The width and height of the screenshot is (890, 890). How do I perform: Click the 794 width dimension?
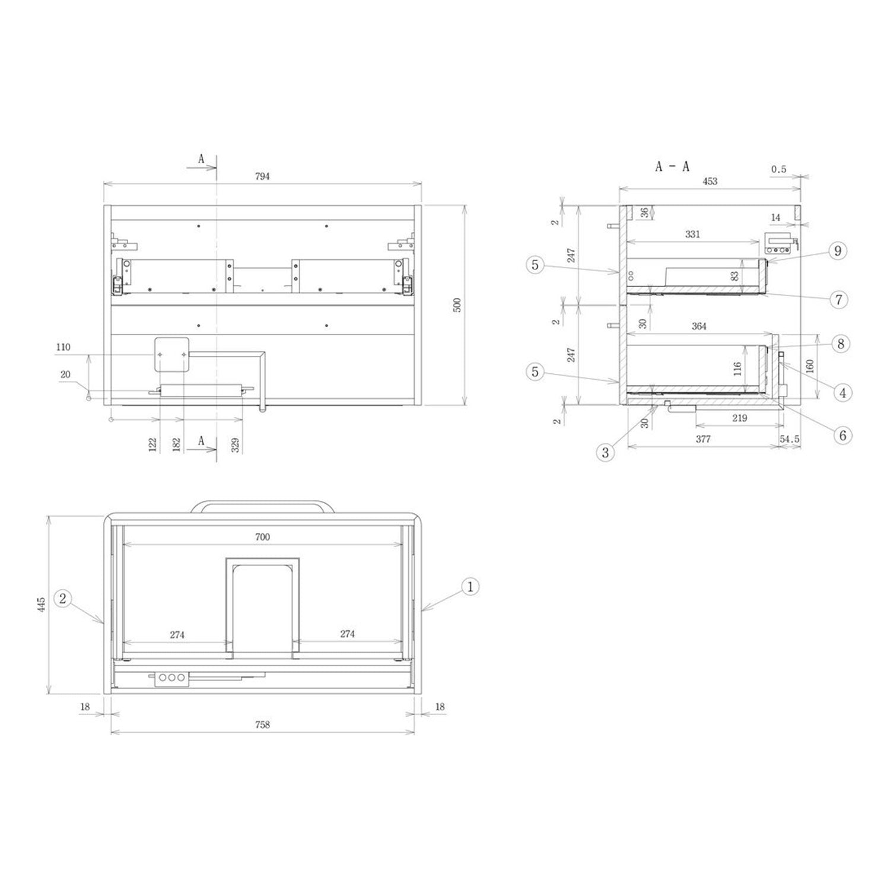[262, 176]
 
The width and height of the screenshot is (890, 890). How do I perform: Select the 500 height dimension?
[457, 305]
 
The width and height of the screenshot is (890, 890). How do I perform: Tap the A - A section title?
[672, 167]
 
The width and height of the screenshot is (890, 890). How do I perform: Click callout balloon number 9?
[838, 250]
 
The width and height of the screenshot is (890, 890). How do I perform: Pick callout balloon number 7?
[838, 300]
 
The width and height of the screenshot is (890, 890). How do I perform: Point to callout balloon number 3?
[605, 453]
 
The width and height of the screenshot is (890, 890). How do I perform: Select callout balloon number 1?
[470, 587]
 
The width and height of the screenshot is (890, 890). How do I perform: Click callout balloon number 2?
[63, 599]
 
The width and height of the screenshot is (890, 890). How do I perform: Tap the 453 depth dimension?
[710, 182]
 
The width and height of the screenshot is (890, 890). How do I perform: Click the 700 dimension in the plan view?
[262, 537]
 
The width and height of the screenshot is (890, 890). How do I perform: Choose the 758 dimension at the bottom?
[262, 724]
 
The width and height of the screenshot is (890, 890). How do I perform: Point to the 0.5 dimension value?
[778, 170]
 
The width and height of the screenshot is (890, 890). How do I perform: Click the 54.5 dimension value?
[790, 439]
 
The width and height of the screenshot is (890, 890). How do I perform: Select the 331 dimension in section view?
[692, 234]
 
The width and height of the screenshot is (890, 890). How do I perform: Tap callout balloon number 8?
[841, 344]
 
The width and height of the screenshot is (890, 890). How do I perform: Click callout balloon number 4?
[843, 392]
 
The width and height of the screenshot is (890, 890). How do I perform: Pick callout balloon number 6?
[843, 436]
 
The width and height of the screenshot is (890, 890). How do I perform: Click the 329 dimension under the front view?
[236, 445]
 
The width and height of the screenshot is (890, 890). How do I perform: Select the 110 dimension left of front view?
[63, 347]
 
